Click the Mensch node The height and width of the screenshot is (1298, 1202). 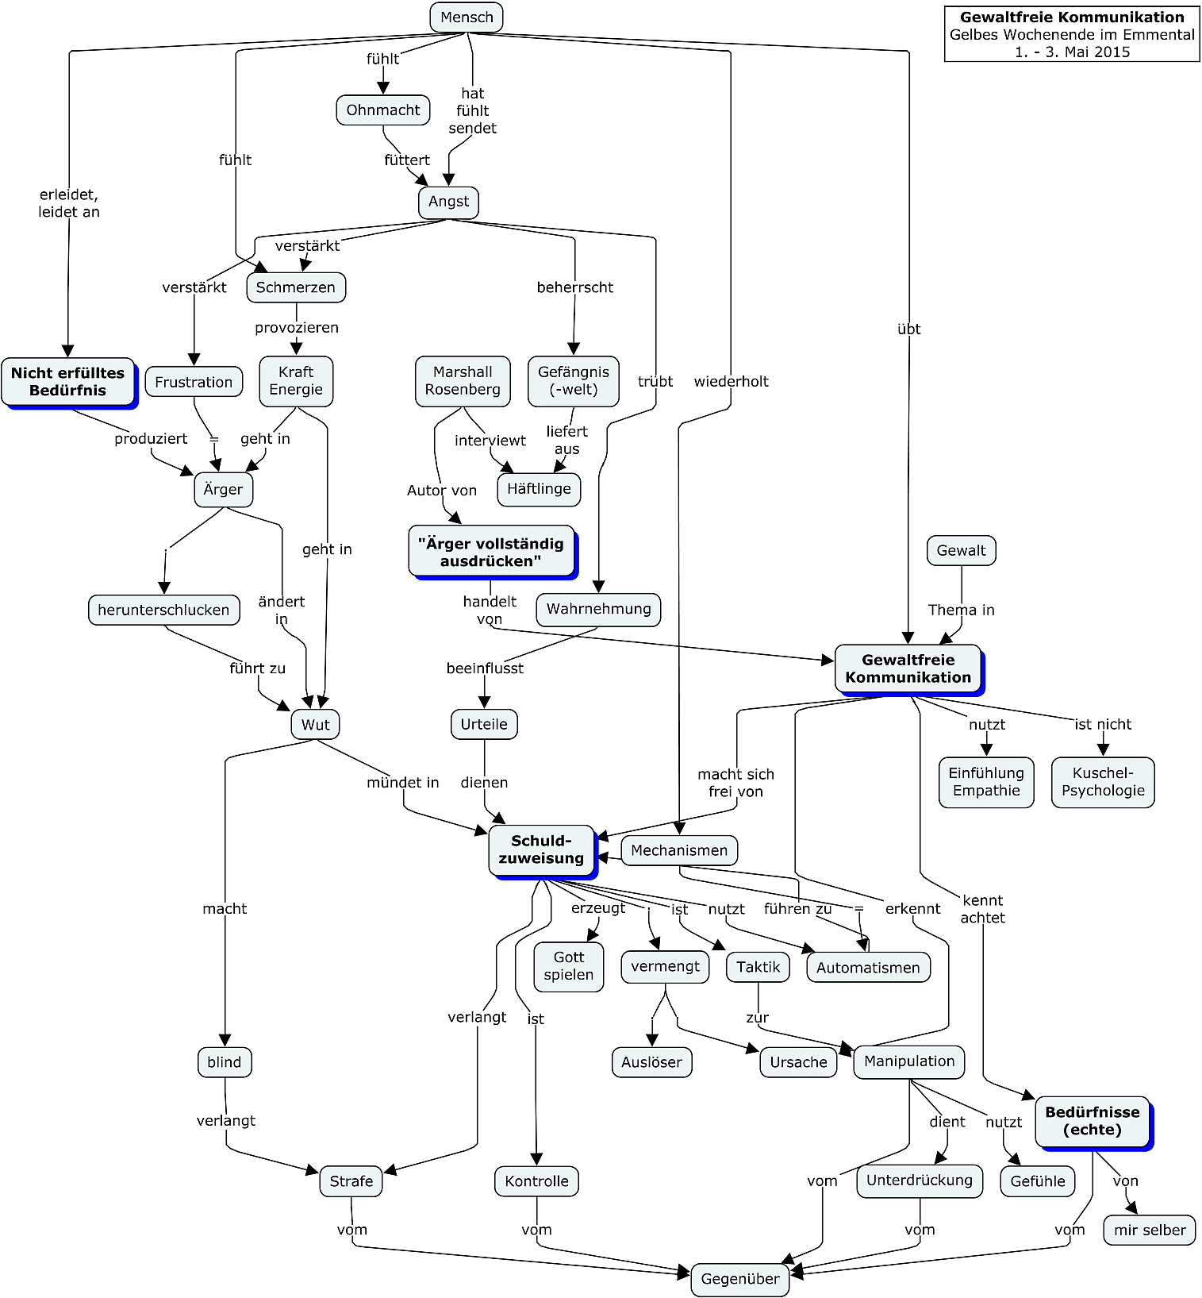(x=467, y=17)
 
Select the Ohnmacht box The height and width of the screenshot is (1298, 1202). (x=383, y=110)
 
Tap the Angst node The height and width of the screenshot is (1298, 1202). (x=448, y=202)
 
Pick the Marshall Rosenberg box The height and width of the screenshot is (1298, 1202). (x=463, y=381)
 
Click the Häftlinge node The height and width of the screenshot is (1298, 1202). (x=539, y=489)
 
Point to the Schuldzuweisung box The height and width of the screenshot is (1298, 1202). (x=541, y=850)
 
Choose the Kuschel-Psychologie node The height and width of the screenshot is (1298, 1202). (x=1103, y=782)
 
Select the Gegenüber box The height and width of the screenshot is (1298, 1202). (x=739, y=1279)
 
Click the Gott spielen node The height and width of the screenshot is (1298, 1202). (x=569, y=966)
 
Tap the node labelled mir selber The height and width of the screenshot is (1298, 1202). (x=1149, y=1231)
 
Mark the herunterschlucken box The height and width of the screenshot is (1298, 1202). (x=163, y=610)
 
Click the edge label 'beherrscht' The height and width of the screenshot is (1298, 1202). (x=574, y=287)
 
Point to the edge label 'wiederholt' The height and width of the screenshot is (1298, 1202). (x=731, y=381)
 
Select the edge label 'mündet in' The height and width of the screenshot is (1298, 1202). (x=402, y=783)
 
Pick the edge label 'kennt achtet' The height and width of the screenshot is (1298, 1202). (x=982, y=909)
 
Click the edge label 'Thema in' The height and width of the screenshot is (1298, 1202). (x=961, y=610)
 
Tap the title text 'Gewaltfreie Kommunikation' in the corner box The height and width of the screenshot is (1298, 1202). (x=1072, y=17)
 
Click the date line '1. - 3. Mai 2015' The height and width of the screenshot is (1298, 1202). (x=1072, y=52)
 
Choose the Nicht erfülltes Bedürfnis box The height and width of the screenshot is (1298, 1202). (x=68, y=382)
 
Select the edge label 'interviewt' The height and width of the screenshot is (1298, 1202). (x=490, y=441)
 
